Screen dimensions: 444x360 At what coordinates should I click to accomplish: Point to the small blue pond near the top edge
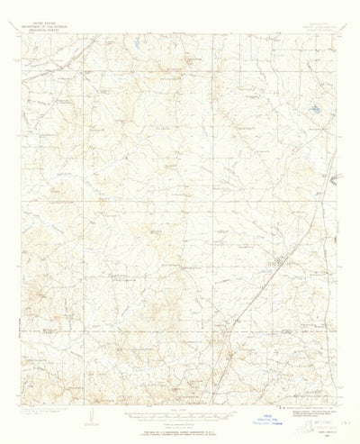[x=134, y=43]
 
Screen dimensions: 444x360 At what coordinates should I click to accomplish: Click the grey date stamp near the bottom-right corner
[x=319, y=419]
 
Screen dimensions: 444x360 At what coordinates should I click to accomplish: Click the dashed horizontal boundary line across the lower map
[x=135, y=332]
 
